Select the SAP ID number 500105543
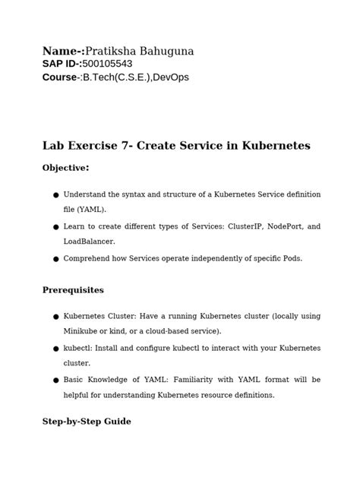coord(112,65)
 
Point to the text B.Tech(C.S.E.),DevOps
coord(135,77)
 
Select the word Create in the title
coord(156,146)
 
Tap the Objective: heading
coord(66,168)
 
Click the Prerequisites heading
coord(73,290)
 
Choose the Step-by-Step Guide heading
coord(87,421)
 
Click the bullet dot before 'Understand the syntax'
coord(55,195)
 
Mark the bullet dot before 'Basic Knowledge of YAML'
coord(55,380)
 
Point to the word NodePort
coord(276,226)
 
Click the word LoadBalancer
coord(89,241)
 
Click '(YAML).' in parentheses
coord(85,209)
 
